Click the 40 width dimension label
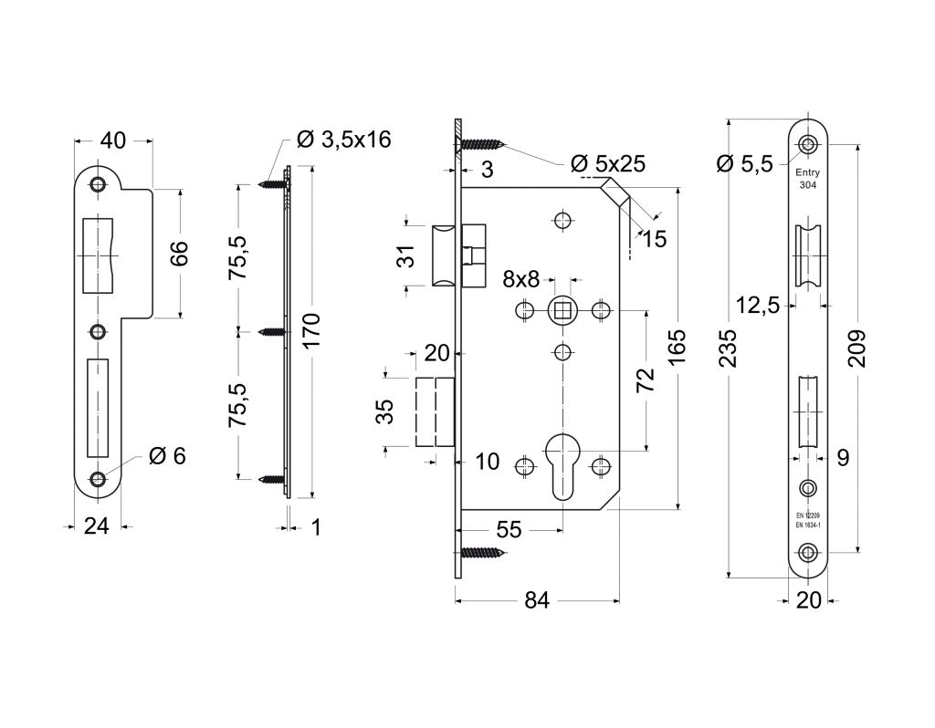coord(112,140)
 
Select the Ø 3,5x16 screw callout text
coord(343,140)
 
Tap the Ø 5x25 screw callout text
coord(607,163)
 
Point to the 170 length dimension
coord(312,332)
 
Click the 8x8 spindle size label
coord(520,278)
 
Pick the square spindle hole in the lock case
coord(562,310)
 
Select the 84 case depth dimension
coord(537,600)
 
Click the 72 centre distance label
coord(646,380)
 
